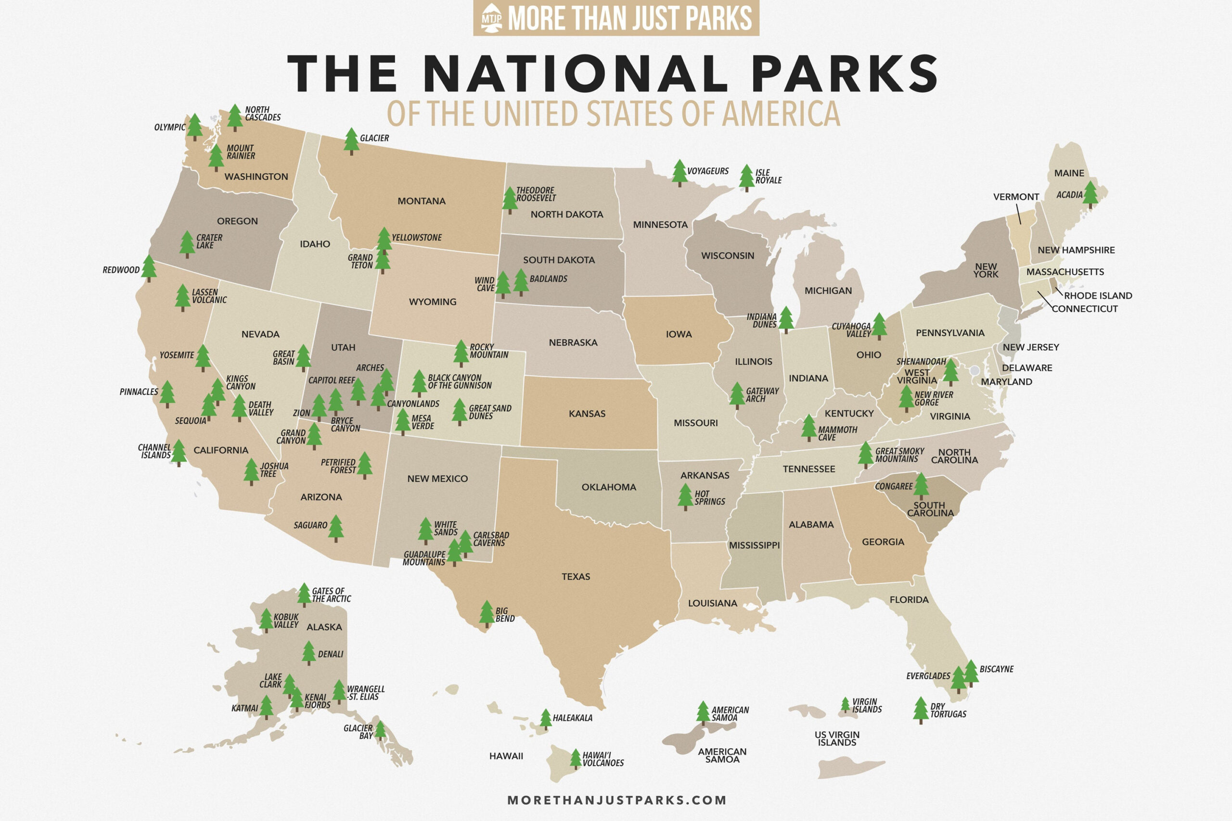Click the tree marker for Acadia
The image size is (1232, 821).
point(1090,194)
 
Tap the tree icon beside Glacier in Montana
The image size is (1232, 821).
point(351,141)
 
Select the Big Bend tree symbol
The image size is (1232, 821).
point(487,614)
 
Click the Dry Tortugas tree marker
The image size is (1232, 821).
point(920,710)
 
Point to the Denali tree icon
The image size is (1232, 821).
point(309,653)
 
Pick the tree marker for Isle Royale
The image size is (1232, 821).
point(746,177)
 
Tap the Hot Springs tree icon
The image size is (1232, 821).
point(685,496)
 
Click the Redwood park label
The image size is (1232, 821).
point(121,270)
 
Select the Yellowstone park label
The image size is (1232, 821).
point(416,238)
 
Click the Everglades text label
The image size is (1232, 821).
point(928,676)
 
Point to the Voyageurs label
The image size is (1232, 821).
point(707,171)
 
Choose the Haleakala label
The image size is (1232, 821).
point(573,718)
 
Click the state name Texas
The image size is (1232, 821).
point(576,577)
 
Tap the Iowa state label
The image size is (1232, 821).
point(679,334)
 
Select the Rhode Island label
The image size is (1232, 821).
point(1098,295)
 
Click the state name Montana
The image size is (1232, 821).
point(421,201)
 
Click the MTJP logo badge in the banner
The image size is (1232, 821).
point(491,18)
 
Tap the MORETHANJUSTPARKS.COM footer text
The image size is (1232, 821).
point(616,799)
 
